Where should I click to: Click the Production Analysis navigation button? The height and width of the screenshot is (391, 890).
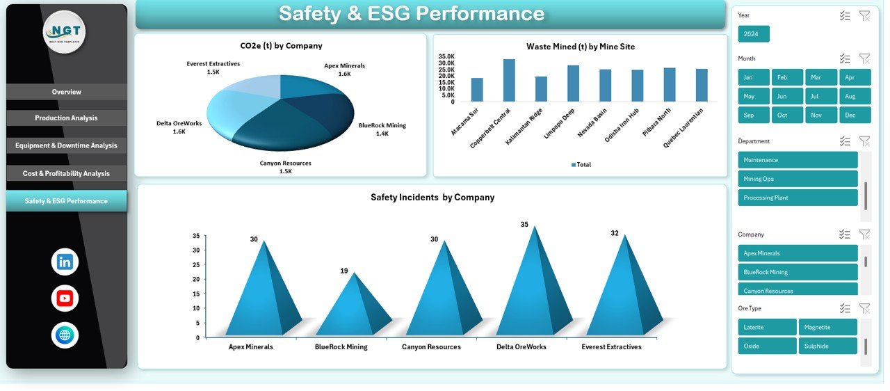[x=66, y=118]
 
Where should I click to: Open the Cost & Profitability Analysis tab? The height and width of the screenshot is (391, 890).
[x=66, y=173]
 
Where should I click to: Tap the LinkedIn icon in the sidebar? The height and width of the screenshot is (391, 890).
[x=65, y=262]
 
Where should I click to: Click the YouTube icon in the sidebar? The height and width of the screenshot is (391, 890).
[x=65, y=298]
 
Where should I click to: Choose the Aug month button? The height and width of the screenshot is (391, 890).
[x=855, y=96]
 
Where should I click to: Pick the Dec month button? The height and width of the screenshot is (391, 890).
[x=855, y=115]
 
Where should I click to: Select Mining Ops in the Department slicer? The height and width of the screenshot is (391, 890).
[x=798, y=179]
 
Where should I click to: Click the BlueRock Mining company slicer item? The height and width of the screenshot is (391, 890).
[x=798, y=272]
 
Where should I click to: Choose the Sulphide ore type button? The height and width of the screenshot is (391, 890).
[x=827, y=346]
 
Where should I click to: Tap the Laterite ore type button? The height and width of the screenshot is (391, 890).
[x=767, y=327]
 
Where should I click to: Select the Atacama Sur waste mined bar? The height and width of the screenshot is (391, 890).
[x=477, y=90]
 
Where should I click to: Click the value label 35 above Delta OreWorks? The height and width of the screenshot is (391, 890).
[x=524, y=225]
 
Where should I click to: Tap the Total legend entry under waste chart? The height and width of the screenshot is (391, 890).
[x=581, y=165]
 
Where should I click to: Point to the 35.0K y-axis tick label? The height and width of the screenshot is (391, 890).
[x=446, y=56]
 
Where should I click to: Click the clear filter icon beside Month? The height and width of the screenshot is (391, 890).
[x=864, y=59]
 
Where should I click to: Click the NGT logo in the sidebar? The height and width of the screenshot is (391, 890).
[x=65, y=32]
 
